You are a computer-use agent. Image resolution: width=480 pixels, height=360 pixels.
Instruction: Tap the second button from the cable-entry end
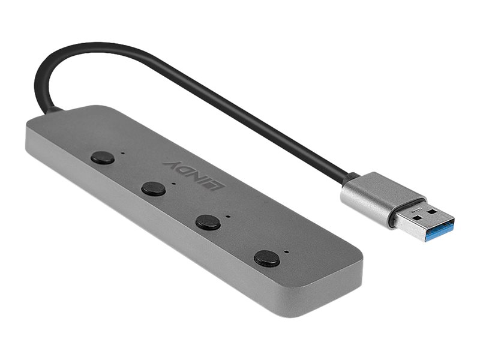pyautogui.click(x=154, y=189)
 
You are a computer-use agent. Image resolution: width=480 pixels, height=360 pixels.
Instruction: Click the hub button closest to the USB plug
pyautogui.click(x=266, y=259)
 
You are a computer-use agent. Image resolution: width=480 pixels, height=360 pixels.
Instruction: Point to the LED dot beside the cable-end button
pyautogui.click(x=123, y=152)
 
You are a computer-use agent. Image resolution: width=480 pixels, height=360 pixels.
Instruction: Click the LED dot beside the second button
pyautogui.click(x=174, y=184)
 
